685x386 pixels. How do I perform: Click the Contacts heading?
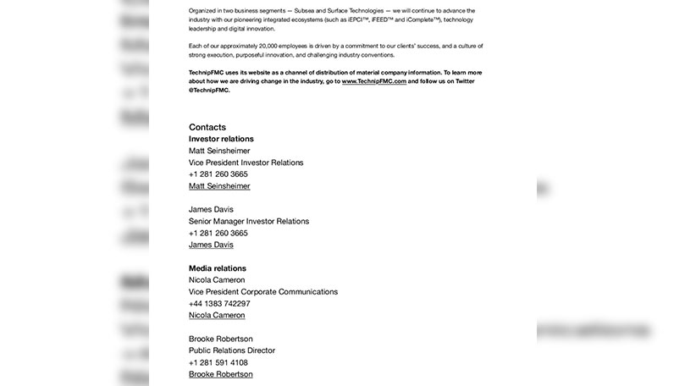pos(207,127)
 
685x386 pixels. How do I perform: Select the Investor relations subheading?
pos(221,139)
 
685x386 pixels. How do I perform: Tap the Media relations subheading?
pos(218,268)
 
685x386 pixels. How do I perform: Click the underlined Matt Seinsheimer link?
pos(219,186)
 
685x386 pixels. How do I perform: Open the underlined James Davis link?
pos(211,245)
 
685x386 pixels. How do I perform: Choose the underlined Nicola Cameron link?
pos(217,315)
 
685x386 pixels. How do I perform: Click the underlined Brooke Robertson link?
pos(220,373)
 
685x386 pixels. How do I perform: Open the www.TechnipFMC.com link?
pos(374,81)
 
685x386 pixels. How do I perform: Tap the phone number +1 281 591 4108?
pos(218,362)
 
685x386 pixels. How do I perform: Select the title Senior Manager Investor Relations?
pos(249,221)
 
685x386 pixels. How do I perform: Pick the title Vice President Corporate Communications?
pos(263,292)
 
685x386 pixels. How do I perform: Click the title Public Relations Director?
pos(232,350)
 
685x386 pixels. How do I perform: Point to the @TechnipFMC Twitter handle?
pos(209,90)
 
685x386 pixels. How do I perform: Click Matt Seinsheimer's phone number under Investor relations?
pos(218,174)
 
